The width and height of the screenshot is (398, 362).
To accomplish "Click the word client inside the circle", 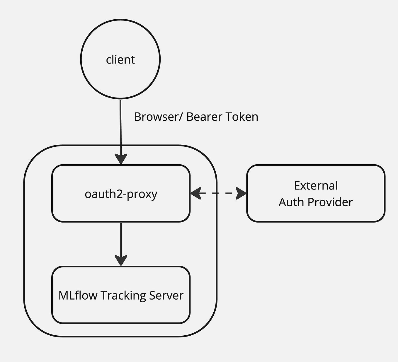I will [120, 60].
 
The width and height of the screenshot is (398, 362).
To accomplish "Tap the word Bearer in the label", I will [204, 117].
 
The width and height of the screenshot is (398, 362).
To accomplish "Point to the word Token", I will [242, 117].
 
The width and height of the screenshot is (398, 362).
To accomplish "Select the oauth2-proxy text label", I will [121, 194].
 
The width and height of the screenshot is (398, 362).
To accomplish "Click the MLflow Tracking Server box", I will [121, 310].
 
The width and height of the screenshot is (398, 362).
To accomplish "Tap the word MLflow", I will [78, 296].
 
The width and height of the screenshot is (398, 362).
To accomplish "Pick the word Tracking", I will [123, 296].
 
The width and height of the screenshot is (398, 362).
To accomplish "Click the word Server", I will [166, 296].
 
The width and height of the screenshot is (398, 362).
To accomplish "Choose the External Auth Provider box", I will [315, 214].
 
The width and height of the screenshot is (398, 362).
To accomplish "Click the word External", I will [316, 186].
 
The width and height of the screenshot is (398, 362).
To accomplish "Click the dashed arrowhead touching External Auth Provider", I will [241, 193].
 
